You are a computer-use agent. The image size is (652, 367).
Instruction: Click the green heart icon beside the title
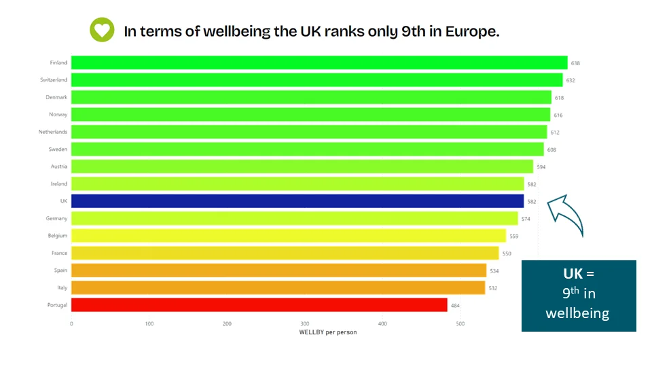click(102, 31)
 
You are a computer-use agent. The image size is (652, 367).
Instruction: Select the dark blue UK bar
click(297, 201)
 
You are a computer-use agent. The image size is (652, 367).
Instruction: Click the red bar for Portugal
click(259, 305)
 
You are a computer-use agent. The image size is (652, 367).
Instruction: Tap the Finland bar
click(319, 63)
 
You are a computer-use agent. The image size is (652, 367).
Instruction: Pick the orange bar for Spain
click(278, 270)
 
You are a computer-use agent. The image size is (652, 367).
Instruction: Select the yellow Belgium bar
click(289, 236)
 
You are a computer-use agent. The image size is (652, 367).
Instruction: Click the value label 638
click(575, 63)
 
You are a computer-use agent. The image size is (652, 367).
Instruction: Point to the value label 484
click(456, 305)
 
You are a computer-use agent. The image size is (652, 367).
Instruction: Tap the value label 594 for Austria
click(541, 167)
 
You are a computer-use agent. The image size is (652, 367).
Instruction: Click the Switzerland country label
click(54, 80)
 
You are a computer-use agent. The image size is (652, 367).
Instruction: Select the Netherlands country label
click(53, 132)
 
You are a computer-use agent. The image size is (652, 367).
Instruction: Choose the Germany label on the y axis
click(57, 218)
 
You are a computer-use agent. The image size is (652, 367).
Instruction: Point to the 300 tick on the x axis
click(305, 324)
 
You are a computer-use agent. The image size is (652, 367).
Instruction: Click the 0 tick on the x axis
click(71, 324)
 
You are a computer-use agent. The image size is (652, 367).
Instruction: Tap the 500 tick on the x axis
click(460, 324)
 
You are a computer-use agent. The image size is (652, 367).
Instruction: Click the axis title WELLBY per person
click(328, 332)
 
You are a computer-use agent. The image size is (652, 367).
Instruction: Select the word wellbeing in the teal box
click(578, 313)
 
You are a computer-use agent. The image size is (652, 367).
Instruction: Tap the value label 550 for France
click(506, 254)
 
